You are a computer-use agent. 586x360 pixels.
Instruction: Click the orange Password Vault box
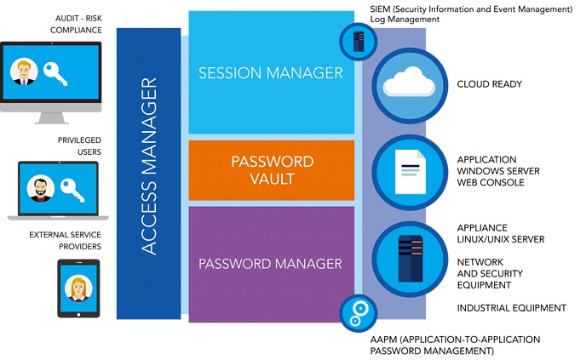tap(272, 170)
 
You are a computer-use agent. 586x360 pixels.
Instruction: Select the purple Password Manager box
tap(272, 265)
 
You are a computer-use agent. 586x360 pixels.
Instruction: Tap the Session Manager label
tap(271, 73)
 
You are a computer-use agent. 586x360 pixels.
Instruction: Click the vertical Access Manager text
tap(149, 166)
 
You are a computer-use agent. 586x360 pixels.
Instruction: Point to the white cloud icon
tap(409, 83)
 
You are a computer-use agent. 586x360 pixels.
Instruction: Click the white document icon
tap(411, 171)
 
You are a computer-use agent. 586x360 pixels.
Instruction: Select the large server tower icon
tap(411, 259)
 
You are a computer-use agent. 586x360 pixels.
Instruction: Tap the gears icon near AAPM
tap(359, 313)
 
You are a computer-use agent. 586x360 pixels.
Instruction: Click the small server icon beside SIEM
tap(359, 41)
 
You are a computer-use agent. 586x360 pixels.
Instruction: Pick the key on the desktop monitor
tap(55, 73)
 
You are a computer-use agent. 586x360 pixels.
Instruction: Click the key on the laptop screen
tap(72, 190)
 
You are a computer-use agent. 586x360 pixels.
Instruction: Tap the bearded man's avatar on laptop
tap(40, 189)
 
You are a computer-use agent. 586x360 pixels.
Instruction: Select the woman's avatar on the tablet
tap(78, 289)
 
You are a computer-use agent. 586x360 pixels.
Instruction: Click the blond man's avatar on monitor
tap(24, 71)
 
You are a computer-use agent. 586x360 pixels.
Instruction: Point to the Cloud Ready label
tap(489, 84)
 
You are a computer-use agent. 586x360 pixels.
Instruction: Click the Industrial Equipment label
tap(511, 308)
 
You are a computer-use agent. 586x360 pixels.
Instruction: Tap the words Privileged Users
tap(79, 146)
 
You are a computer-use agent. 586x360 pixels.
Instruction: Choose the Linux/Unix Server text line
tap(501, 239)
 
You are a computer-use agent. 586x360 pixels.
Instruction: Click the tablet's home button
tap(78, 314)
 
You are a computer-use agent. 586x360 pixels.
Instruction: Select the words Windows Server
tap(498, 171)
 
